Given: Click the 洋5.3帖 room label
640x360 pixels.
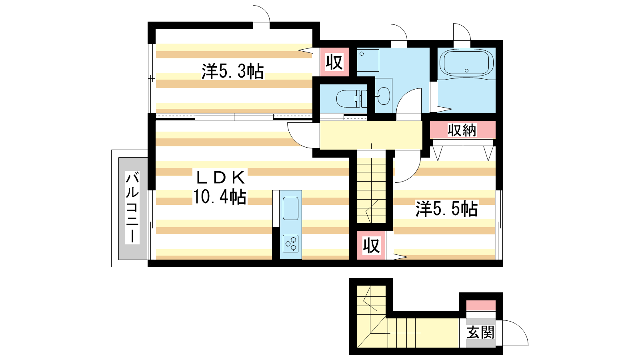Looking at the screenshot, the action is (232, 71).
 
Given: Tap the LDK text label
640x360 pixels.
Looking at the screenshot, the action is (220, 178).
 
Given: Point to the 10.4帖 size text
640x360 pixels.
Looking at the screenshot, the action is (220, 196).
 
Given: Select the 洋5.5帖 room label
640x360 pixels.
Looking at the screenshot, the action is (446, 209).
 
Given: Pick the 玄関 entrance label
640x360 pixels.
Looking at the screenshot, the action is (480, 332).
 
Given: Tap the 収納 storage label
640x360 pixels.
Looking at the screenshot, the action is (462, 130).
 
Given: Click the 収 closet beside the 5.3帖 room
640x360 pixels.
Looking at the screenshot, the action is (334, 62).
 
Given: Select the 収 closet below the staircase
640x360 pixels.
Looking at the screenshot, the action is (371, 246).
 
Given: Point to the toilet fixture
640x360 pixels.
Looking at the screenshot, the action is (352, 98).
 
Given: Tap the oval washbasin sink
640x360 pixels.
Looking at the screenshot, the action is (383, 96).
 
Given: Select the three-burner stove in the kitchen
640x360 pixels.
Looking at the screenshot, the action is (290, 244).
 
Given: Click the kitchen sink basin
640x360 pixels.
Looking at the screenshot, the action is (290, 208).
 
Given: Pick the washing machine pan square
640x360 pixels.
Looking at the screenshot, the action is (368, 60).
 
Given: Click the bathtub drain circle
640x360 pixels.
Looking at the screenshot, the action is (466, 70).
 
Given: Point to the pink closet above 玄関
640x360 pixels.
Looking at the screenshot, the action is (481, 306).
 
